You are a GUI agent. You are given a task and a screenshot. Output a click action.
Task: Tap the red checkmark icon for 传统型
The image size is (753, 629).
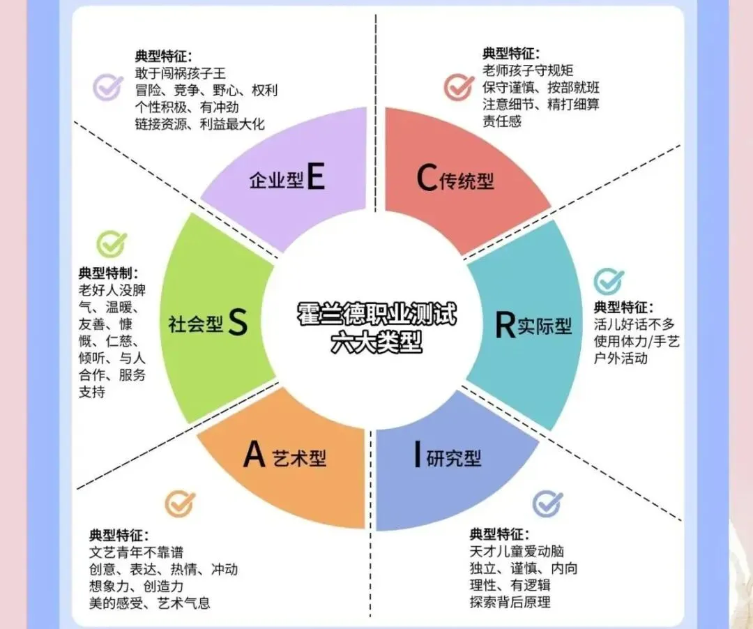[x=459, y=86]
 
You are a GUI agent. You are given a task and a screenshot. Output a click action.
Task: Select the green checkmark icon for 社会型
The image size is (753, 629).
[x=112, y=244]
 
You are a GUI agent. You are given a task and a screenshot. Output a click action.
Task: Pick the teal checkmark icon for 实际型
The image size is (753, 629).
[x=609, y=280]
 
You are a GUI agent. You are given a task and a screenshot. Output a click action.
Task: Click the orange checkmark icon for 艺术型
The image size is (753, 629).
[x=180, y=503]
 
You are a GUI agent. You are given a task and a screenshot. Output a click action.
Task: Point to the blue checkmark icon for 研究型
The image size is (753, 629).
[x=547, y=503]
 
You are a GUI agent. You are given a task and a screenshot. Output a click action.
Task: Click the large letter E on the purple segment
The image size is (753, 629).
[x=315, y=179]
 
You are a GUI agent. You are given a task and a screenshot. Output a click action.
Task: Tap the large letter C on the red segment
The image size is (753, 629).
[x=426, y=179]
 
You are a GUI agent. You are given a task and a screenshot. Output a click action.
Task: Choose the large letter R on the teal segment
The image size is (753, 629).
[x=505, y=325]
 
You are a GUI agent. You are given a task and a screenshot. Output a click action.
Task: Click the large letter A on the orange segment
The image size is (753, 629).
[x=254, y=455]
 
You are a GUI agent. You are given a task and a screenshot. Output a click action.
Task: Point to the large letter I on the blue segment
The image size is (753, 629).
[x=417, y=455]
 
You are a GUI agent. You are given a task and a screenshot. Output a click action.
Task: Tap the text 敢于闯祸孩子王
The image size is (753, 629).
[x=181, y=73]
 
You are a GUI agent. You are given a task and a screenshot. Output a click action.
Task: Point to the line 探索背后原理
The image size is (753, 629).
[x=510, y=601]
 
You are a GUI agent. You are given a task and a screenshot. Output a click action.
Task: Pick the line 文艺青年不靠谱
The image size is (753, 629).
[x=136, y=553]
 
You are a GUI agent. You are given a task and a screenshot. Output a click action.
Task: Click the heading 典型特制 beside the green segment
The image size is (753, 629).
[x=108, y=272]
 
